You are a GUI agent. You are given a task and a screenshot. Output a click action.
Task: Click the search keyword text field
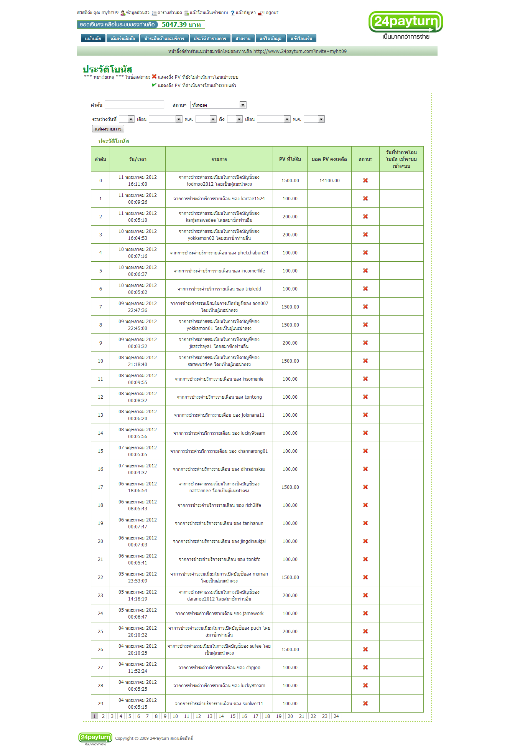134,105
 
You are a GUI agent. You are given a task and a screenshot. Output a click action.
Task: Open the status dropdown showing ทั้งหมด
218,105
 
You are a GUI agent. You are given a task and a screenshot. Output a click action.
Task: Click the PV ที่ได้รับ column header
290,159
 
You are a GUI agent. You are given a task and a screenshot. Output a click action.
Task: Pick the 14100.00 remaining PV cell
329,180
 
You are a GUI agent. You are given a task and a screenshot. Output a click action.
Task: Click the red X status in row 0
365,180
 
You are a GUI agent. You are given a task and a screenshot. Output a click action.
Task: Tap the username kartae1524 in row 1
253,199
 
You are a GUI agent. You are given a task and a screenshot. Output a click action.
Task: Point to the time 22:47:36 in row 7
138,310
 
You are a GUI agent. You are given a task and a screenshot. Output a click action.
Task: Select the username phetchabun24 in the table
253,253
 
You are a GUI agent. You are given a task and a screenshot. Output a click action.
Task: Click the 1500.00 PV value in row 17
290,487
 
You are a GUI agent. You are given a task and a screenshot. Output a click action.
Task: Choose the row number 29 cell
100,703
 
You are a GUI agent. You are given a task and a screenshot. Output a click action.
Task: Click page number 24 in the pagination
336,716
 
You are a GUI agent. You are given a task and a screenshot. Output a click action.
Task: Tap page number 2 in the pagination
103,716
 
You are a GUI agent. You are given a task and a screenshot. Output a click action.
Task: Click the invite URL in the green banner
300,51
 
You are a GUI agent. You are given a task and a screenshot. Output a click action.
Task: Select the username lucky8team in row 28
253,686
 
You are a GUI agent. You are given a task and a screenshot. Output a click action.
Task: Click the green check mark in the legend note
154,85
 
